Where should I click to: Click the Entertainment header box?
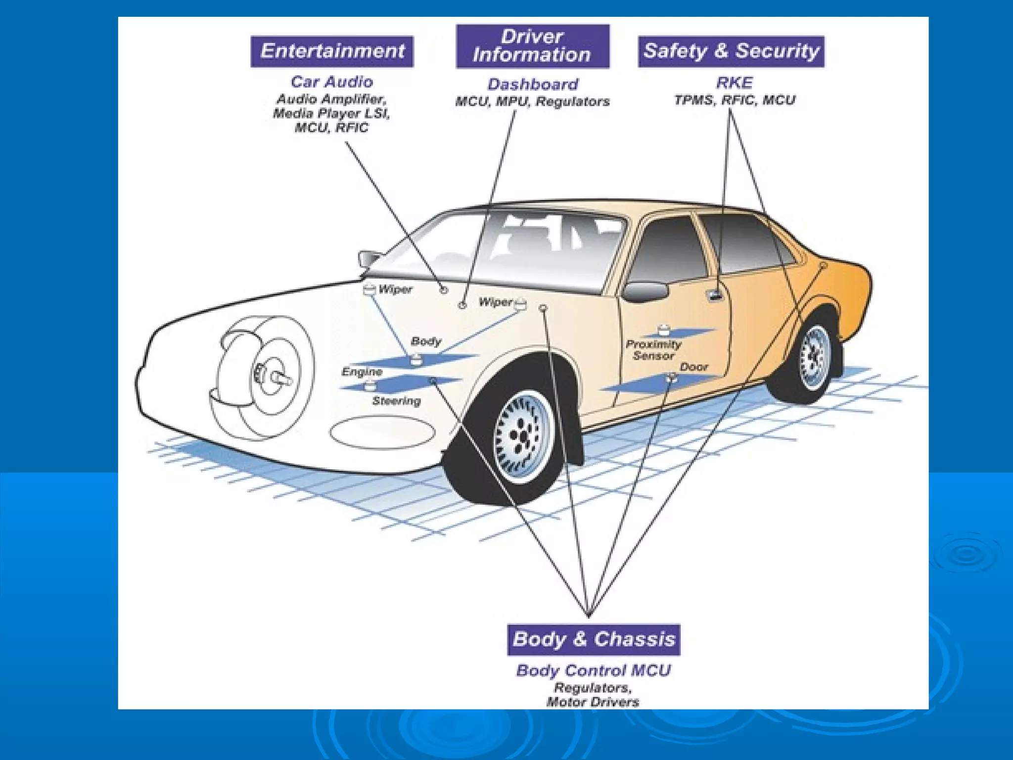332,51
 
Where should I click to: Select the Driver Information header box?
532,46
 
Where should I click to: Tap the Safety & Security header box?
731,51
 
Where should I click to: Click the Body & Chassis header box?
594,639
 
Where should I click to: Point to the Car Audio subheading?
331,82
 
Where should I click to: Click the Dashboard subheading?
533,84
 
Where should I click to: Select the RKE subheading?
735,83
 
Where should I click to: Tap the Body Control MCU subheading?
594,670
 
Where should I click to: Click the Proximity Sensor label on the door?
653,350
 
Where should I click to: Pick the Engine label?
362,372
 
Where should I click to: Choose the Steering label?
396,401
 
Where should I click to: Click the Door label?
693,367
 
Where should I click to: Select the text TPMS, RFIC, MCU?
735,100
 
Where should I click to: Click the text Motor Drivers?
593,702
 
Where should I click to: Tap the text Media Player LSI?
331,113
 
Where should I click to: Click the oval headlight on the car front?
382,432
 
